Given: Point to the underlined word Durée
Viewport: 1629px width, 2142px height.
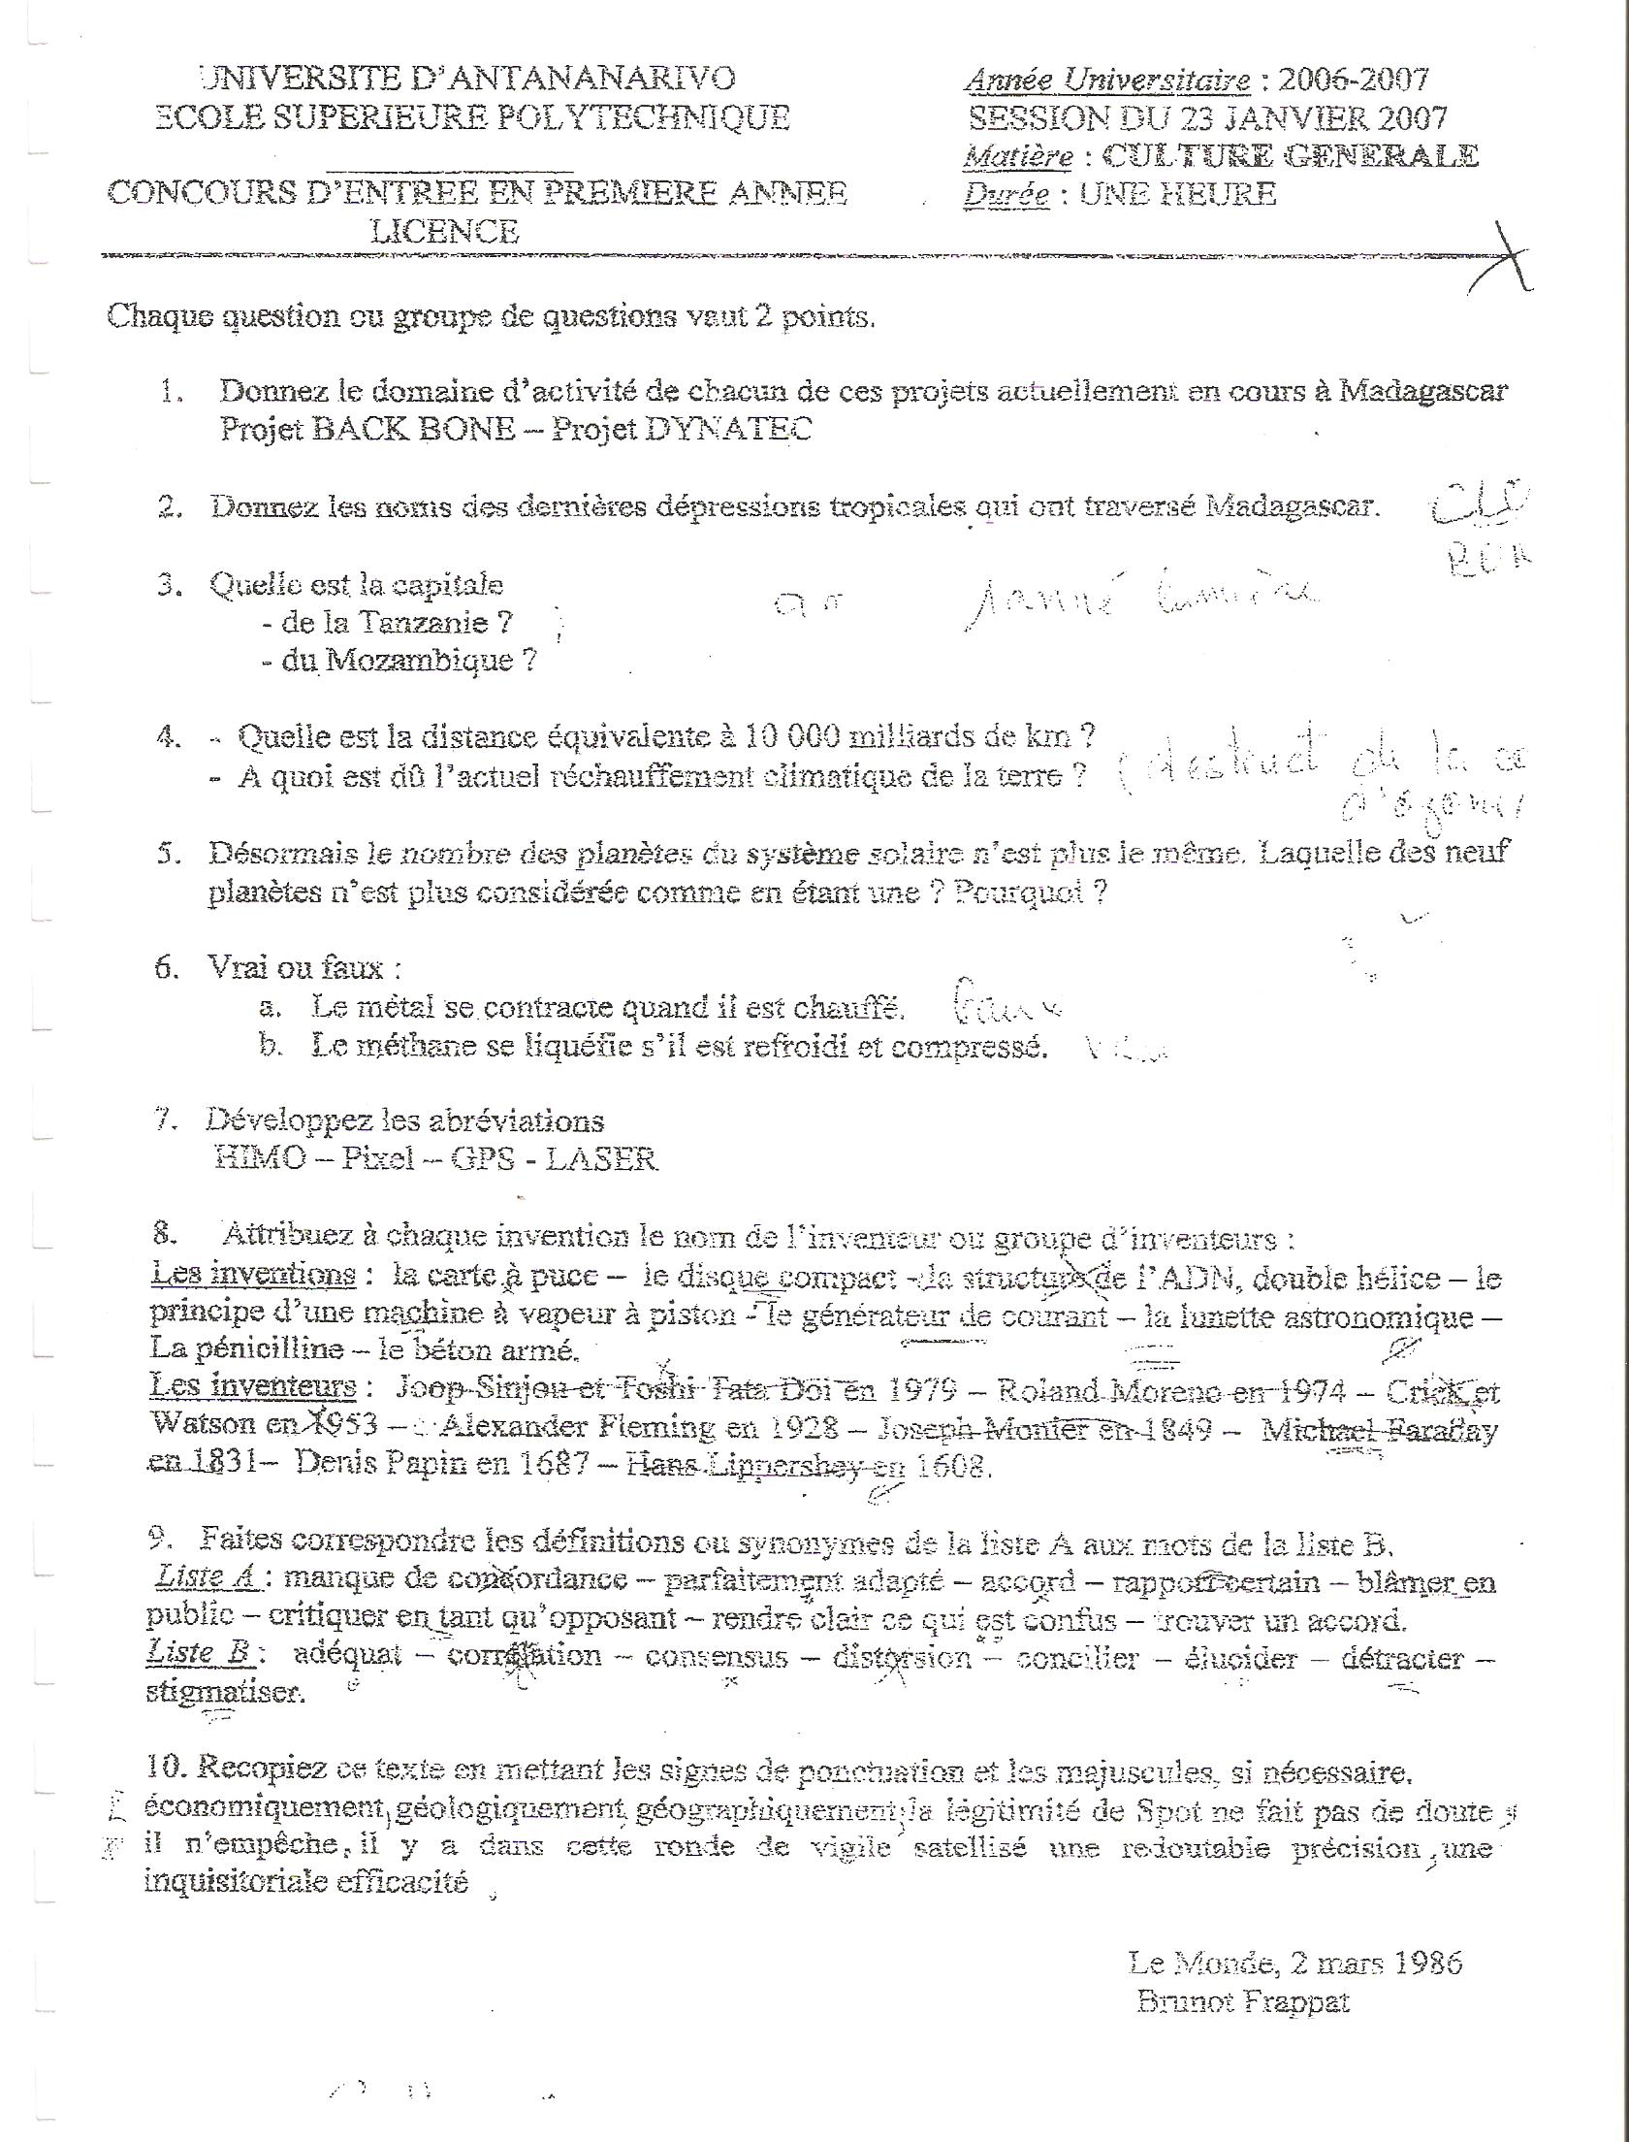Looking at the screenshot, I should pyautogui.click(x=1006, y=195).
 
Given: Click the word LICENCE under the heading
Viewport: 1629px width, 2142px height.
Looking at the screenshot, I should pyautogui.click(x=445, y=231).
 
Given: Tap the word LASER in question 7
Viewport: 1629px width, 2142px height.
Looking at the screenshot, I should pyautogui.click(x=601, y=1158).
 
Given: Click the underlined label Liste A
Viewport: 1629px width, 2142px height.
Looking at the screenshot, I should pyautogui.click(x=206, y=1577).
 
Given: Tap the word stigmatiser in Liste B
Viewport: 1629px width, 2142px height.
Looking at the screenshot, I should pyautogui.click(x=225, y=1694).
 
